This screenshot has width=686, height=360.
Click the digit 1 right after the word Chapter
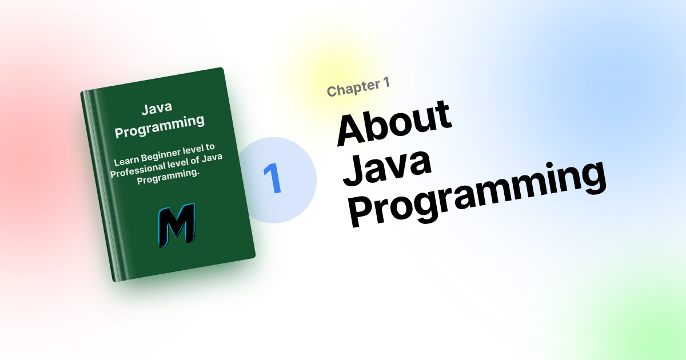coord(386,83)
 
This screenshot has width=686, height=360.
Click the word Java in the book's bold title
coord(157,109)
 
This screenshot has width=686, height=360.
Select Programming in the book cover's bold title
coord(159,126)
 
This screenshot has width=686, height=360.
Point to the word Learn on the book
coord(127,160)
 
